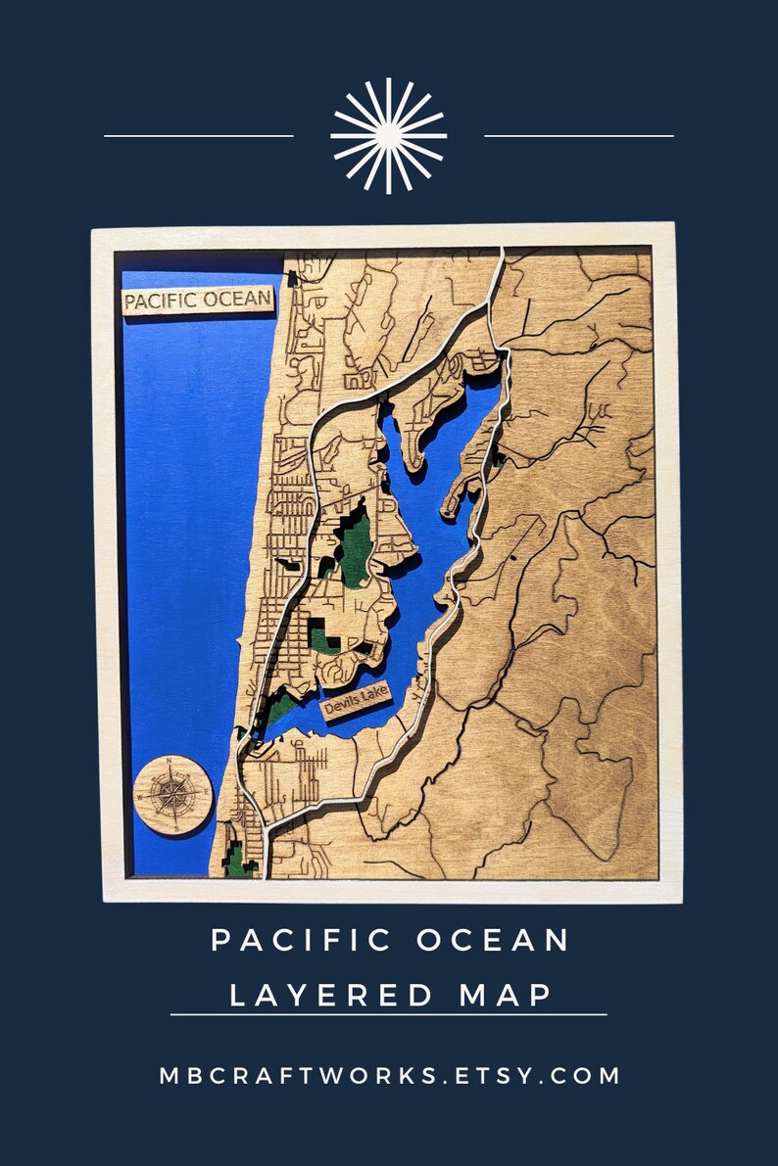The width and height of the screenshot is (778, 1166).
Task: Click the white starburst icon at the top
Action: tap(388, 135)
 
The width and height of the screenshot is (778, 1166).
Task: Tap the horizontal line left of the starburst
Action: tap(198, 136)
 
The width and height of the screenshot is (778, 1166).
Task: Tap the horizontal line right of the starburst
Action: tap(579, 136)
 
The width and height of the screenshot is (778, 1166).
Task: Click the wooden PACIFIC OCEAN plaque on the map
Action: tap(197, 301)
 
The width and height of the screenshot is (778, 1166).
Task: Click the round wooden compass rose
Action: tap(172, 794)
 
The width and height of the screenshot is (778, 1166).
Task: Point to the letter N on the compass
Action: tap(170, 762)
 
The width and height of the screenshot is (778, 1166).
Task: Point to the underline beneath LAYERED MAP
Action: tap(388, 1015)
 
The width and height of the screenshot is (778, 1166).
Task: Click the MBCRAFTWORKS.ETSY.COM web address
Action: tap(389, 1075)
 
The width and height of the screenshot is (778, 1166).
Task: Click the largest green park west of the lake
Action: tap(354, 544)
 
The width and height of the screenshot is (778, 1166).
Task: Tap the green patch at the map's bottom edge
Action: tap(237, 860)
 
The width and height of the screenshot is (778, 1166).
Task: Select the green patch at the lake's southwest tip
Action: tap(278, 708)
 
